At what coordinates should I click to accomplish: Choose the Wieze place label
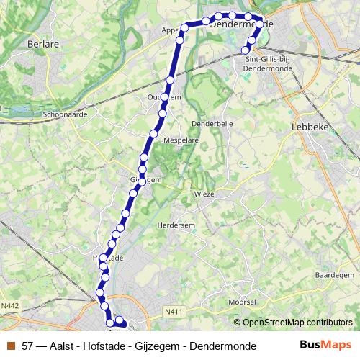pos(204,194)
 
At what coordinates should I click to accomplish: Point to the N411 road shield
pos(171,311)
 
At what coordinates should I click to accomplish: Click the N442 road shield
pos(10,306)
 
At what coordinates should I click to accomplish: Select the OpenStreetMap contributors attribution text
pos(296,323)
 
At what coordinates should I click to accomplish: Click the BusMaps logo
pos(325,345)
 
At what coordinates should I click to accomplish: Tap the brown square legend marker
pos(12,346)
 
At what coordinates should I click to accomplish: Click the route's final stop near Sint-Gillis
pos(246,49)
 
